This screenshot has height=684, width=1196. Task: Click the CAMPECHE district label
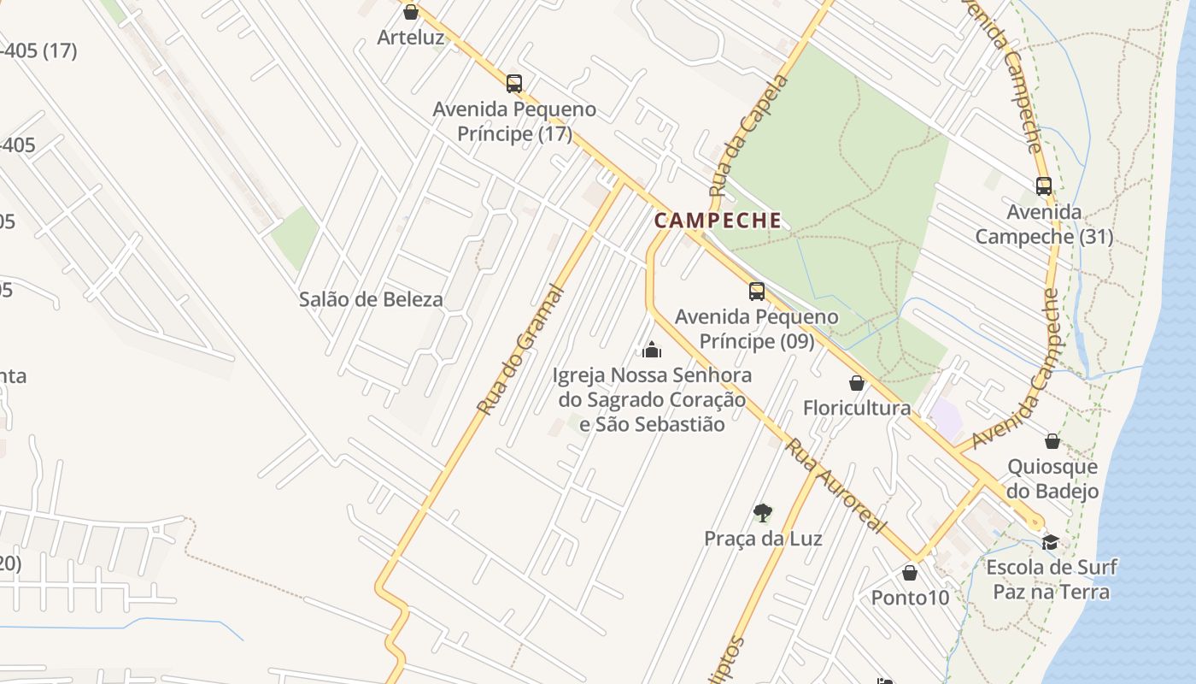point(718,221)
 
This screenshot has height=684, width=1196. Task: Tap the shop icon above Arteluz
point(410,12)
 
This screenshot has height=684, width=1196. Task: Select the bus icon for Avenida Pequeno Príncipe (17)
point(513,83)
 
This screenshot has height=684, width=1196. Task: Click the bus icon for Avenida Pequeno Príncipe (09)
point(756,291)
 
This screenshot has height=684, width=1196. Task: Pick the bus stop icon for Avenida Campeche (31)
point(1043,186)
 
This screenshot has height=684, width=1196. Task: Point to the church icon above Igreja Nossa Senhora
point(652,350)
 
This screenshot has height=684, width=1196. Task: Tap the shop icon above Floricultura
point(857,383)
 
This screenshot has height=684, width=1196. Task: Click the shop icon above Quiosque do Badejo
point(1052,441)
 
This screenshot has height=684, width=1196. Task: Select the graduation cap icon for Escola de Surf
point(1050,542)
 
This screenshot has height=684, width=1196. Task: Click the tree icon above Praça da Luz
point(762,513)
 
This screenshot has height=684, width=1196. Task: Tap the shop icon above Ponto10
point(910,572)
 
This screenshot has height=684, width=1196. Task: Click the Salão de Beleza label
point(371,299)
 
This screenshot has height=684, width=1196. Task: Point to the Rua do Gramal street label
point(520,351)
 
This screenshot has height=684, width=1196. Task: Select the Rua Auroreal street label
point(834,486)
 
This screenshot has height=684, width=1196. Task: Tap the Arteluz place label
point(411,38)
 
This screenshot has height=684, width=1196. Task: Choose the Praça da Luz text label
point(763,539)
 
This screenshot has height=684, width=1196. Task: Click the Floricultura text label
point(856,408)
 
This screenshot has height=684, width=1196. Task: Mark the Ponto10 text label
point(910,598)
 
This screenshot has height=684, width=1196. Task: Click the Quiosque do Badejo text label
point(1052,479)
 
